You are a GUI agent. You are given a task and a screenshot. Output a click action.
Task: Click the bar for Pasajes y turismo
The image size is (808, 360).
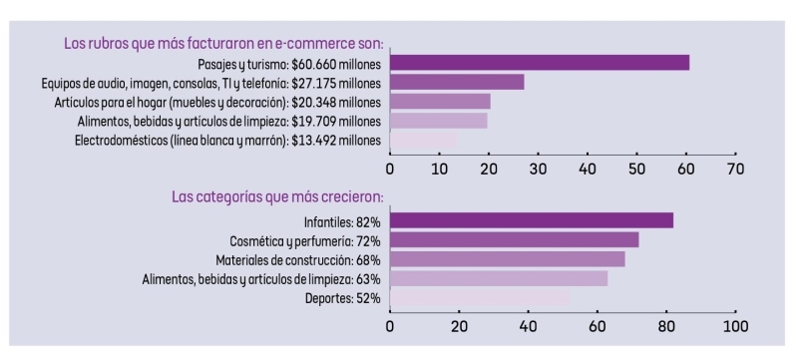[539, 63]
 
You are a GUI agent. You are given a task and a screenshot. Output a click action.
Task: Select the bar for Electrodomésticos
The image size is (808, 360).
[423, 140]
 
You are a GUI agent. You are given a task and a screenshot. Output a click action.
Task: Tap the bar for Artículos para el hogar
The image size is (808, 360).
[440, 102]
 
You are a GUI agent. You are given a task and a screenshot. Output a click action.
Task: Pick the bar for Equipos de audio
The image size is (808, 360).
[457, 82]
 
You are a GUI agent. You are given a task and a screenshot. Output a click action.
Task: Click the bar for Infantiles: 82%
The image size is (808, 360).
[532, 220]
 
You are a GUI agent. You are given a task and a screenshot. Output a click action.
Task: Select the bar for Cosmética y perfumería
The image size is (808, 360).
[514, 239]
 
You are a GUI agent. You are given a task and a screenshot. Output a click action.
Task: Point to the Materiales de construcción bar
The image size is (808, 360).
[507, 259]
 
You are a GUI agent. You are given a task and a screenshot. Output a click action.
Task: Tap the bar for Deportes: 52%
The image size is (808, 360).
[479, 297]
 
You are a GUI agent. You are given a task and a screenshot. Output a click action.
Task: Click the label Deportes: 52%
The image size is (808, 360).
[342, 298]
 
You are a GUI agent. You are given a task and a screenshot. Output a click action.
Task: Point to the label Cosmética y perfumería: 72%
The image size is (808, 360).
[305, 240]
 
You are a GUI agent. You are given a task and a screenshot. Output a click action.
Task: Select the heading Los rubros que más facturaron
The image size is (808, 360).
[224, 44]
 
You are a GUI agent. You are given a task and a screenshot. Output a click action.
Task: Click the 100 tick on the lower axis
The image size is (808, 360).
[735, 325]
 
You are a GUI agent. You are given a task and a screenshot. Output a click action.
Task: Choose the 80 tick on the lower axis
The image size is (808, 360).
[666, 325]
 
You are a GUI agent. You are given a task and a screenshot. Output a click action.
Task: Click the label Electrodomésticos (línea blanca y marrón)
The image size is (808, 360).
[228, 140]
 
